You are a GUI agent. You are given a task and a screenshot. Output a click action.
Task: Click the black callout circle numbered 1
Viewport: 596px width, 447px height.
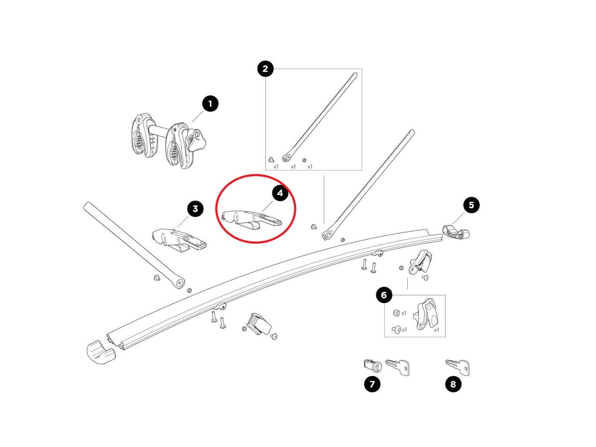click(210, 103)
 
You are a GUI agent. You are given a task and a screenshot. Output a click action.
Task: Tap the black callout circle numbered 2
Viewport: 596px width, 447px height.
click(265, 69)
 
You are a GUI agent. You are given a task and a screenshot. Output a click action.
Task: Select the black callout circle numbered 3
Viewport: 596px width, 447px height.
click(195, 209)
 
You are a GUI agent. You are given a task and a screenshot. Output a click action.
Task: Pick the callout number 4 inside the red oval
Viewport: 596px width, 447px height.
click(280, 193)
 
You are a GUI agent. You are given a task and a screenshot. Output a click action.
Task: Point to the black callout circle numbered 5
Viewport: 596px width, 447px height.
click(471, 205)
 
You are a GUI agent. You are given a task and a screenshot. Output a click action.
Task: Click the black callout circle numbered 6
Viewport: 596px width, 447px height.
click(384, 295)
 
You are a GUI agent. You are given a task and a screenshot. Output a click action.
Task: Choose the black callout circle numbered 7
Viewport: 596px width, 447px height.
click(372, 384)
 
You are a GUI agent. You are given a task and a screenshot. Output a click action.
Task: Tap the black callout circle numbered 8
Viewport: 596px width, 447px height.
click(453, 384)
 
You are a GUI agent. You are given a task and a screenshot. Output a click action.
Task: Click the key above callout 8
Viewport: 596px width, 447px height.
click(458, 367)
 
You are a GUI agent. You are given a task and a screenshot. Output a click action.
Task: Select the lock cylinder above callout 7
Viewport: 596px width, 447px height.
click(372, 365)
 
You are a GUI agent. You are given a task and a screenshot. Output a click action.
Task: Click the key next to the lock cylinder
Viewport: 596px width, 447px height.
click(397, 367)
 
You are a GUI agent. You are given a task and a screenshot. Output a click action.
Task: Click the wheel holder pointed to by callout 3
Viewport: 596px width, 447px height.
click(179, 240)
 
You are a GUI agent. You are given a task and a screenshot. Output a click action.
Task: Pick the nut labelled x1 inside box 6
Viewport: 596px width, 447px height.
click(396, 313)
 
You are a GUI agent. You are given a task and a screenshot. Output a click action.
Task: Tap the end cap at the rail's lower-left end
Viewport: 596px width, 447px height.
click(101, 353)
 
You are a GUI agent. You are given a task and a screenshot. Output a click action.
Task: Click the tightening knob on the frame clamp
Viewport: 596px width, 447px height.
click(197, 139)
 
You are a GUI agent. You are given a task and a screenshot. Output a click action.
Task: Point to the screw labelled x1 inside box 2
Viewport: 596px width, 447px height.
click(271, 160)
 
